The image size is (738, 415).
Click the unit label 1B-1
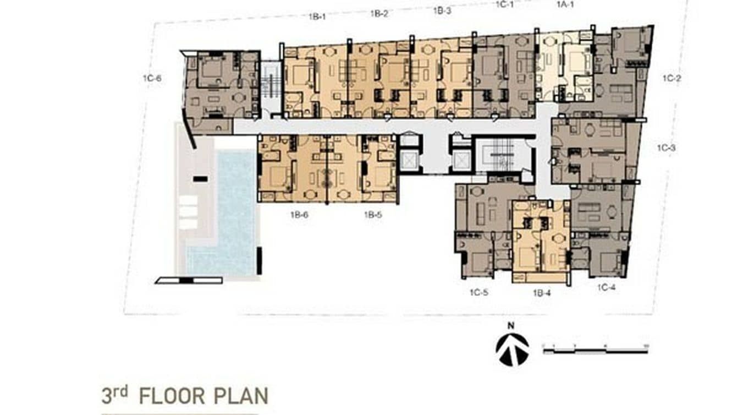pos(317,17)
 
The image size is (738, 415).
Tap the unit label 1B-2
pos(379,14)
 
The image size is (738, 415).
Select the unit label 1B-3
pos(442,10)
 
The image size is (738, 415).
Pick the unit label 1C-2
pos(671,79)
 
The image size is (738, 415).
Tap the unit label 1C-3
pos(667,148)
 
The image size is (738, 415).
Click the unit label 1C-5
pos(478,293)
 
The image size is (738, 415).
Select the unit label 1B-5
pos(372,215)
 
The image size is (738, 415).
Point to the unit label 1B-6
pos(299,215)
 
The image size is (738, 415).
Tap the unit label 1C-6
pos(152,79)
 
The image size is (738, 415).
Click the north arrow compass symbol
pos(512,350)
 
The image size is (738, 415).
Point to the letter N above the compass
pos(511,325)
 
